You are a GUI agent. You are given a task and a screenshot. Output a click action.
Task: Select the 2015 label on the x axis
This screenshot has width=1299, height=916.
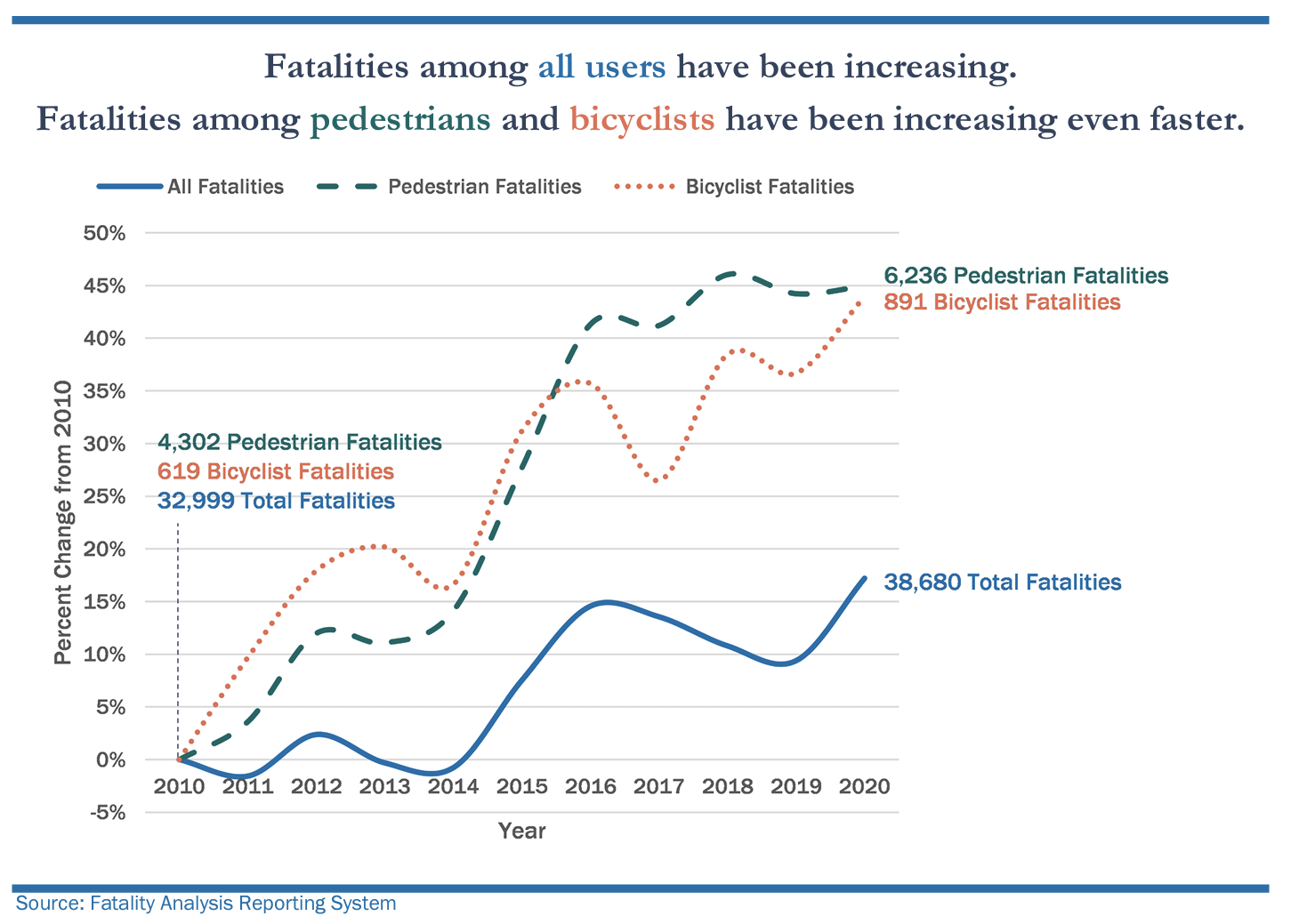click(521, 787)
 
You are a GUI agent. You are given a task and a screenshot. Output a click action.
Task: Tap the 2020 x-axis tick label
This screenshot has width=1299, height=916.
click(865, 787)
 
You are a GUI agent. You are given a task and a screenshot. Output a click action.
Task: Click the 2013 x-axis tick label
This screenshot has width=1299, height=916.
click(384, 787)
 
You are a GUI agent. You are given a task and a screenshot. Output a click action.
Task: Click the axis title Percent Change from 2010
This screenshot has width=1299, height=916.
click(62, 523)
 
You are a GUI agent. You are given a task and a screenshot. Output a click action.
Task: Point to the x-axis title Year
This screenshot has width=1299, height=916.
click(521, 832)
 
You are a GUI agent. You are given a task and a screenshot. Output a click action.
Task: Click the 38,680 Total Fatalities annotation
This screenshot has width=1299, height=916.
click(1003, 583)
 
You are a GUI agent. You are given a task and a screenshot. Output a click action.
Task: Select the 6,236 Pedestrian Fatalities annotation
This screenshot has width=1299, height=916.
click(1026, 276)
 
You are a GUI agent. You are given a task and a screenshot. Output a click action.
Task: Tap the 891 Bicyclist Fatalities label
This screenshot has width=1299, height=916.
click(1002, 302)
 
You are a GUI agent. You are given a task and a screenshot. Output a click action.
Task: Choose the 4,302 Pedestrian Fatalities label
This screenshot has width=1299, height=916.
click(300, 442)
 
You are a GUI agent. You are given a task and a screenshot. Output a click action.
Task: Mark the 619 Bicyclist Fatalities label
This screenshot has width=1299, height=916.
click(276, 471)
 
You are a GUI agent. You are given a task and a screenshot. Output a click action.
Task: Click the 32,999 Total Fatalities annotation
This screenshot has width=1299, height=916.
click(276, 501)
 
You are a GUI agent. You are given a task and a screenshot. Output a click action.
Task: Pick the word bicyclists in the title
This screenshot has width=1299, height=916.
click(641, 118)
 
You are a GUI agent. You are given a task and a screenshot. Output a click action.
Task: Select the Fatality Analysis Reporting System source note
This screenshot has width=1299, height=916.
click(206, 904)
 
